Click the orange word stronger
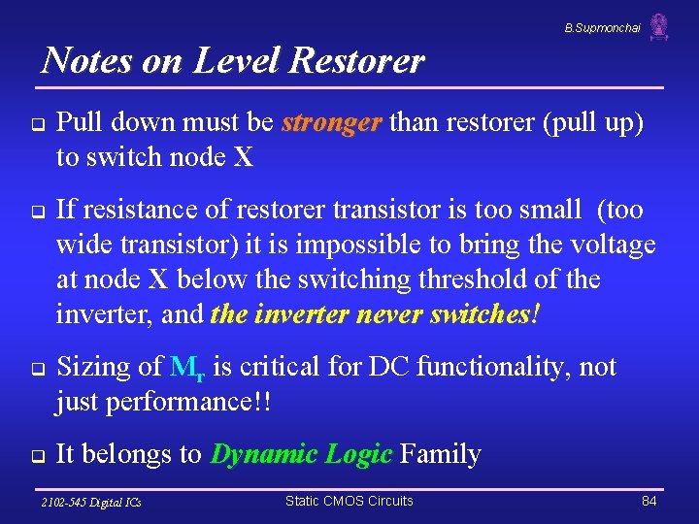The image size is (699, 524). [x=332, y=123]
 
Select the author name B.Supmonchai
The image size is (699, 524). [x=602, y=28]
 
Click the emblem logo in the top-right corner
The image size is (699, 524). [x=659, y=26]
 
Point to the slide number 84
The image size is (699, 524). [x=649, y=501]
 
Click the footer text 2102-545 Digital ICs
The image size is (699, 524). [x=90, y=502]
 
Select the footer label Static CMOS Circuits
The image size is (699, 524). [x=349, y=501]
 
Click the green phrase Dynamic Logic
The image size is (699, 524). [x=301, y=453]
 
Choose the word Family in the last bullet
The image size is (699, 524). [x=440, y=453]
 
